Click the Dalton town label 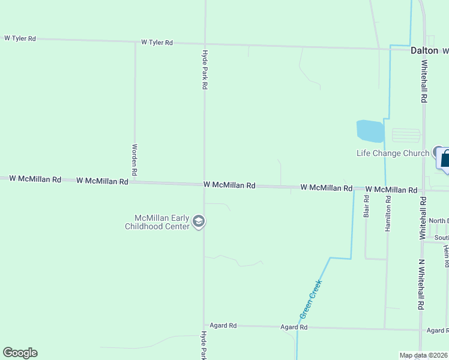click(x=424, y=51)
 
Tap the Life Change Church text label click(x=393, y=153)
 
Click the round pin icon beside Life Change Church click(x=438, y=152)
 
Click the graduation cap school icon click(x=199, y=223)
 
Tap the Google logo click(x=20, y=353)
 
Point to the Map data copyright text click(x=423, y=355)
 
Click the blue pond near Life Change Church click(x=370, y=130)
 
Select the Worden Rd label click(x=135, y=160)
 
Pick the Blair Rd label click(x=366, y=206)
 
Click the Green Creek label click(x=311, y=298)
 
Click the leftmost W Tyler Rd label click(x=20, y=38)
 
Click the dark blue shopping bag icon click(x=445, y=160)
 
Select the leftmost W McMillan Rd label click(x=35, y=179)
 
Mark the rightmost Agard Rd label click(x=437, y=331)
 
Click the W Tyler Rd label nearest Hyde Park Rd click(x=157, y=43)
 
